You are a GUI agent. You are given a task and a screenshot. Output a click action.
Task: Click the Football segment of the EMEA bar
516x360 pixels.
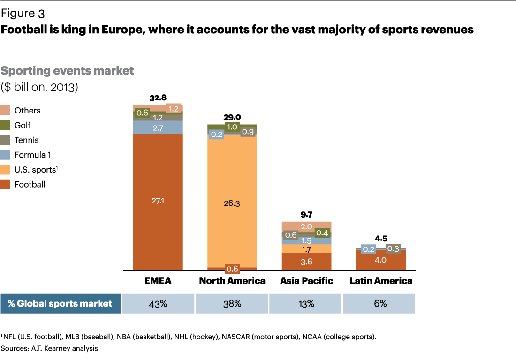[x=158, y=202]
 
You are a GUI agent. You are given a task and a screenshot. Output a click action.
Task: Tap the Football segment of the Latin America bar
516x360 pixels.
[x=380, y=260]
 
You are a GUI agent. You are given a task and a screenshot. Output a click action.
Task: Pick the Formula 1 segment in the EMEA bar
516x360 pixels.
[x=158, y=127]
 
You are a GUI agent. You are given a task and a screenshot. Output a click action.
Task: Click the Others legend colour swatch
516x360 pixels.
[x=6, y=111]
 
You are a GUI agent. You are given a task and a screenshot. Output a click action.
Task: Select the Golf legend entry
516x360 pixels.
[x=23, y=125]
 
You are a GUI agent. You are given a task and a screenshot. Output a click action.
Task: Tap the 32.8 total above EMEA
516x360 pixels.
[x=158, y=98]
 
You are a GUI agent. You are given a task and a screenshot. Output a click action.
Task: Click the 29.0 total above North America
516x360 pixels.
[x=232, y=118]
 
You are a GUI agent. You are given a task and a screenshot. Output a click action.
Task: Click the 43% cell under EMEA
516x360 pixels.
[x=158, y=303]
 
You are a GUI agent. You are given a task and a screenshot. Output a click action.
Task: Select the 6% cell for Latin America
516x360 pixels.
[x=380, y=303]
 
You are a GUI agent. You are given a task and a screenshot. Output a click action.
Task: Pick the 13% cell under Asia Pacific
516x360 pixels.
[x=306, y=303]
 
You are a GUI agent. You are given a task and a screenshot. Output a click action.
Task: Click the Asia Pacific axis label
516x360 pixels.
[x=306, y=281]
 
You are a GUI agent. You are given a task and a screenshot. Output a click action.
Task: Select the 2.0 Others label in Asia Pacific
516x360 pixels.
[x=306, y=227]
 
